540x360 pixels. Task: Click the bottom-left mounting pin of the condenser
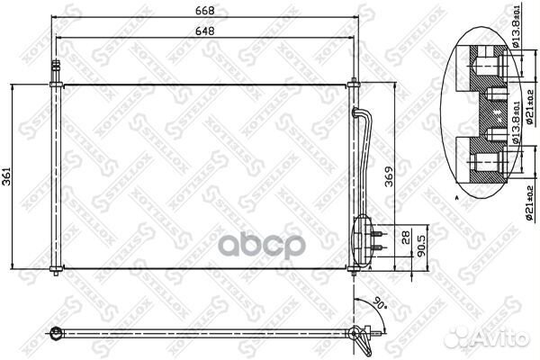pos(56,271)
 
